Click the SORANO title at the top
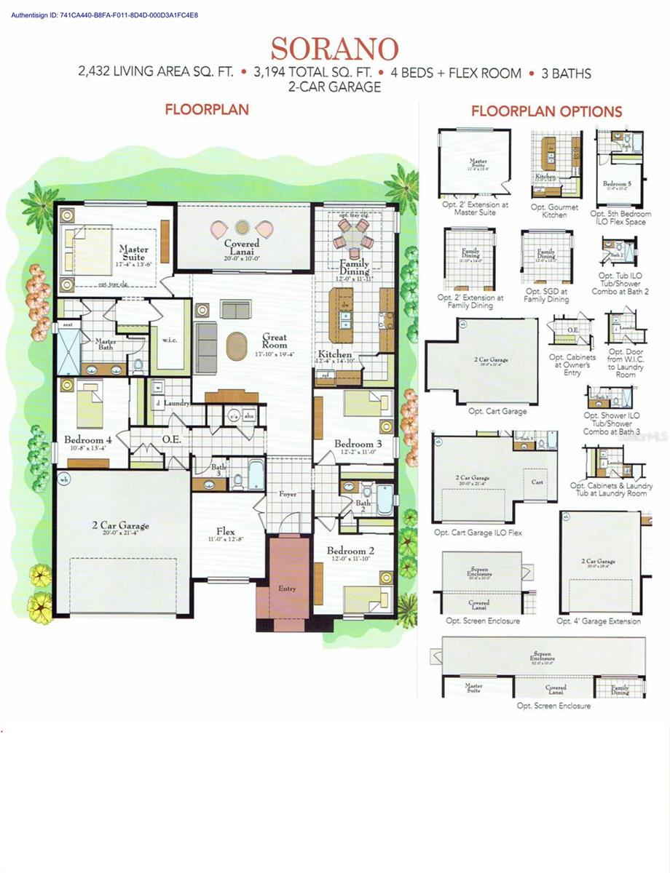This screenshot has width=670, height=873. pyautogui.click(x=334, y=49)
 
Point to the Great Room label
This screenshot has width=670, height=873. pyautogui.click(x=275, y=341)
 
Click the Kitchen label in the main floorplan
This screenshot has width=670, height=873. pyautogui.click(x=335, y=354)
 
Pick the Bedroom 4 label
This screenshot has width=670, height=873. pyautogui.click(x=88, y=440)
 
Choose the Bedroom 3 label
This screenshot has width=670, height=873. pyautogui.click(x=358, y=444)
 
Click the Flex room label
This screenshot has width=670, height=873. pyautogui.click(x=225, y=531)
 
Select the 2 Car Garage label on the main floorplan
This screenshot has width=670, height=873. pyautogui.click(x=120, y=525)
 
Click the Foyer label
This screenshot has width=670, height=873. pyautogui.click(x=288, y=495)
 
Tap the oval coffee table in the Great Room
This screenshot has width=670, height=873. pyautogui.click(x=237, y=346)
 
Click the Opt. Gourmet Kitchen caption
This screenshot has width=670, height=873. pyautogui.click(x=554, y=211)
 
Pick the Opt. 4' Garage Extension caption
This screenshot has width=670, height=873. pyautogui.click(x=599, y=621)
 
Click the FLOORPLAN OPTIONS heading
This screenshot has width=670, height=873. pyautogui.click(x=546, y=111)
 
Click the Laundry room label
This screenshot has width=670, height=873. pyautogui.click(x=178, y=403)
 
